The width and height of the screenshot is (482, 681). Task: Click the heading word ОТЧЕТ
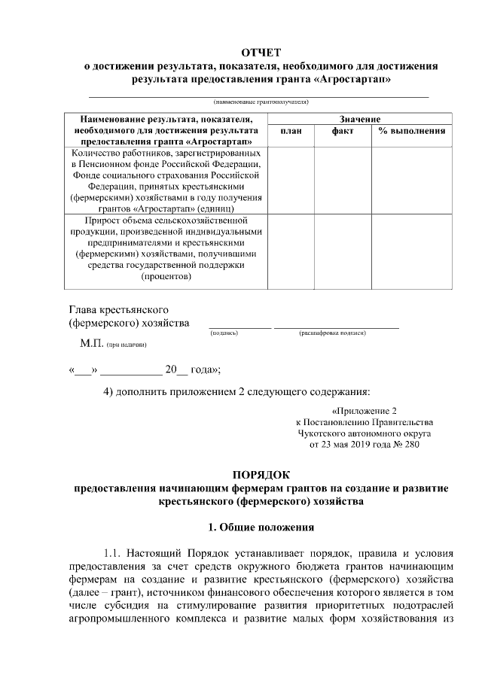click(x=261, y=52)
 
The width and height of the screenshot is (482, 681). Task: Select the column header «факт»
click(x=343, y=131)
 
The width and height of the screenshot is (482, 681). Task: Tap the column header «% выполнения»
click(x=412, y=131)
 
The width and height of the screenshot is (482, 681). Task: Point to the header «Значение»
click(x=359, y=119)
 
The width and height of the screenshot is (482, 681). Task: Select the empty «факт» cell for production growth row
click(x=343, y=251)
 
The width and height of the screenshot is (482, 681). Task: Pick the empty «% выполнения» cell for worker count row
click(x=412, y=180)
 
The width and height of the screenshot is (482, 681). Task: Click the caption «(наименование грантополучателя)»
click(x=261, y=102)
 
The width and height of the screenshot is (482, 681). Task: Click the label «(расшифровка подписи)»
click(x=332, y=332)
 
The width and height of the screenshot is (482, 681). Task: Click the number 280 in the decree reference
click(x=411, y=444)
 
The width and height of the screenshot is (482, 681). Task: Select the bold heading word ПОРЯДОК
click(x=261, y=476)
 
